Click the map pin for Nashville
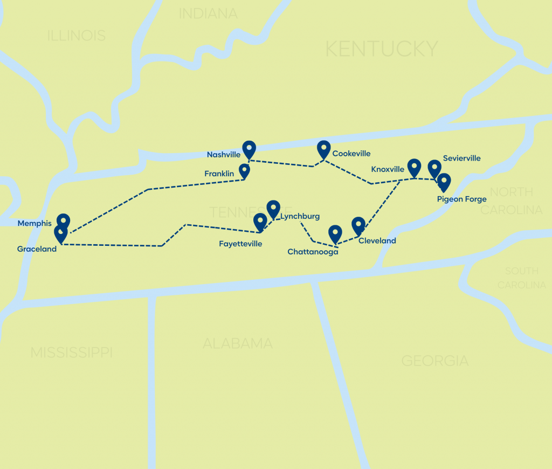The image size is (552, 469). (x=249, y=149)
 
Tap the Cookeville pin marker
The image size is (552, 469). (x=323, y=148)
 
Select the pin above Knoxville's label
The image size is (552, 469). (x=414, y=167)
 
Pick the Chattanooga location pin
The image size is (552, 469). (x=335, y=233)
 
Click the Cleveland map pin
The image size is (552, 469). (x=358, y=225)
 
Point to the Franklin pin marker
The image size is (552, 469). (x=244, y=171)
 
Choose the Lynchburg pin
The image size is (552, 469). (x=273, y=209)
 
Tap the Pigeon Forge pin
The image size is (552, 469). (x=444, y=182)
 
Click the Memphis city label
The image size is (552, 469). (x=34, y=223)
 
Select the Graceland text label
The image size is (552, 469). (x=37, y=249)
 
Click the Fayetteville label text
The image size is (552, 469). (x=240, y=244)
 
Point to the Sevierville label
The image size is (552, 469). (x=461, y=158)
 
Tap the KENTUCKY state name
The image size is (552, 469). (x=382, y=49)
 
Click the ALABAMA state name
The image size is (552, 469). (x=238, y=343)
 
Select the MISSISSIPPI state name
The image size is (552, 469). (x=71, y=353)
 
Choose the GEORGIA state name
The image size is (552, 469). (x=435, y=361)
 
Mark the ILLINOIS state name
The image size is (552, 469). (x=77, y=36)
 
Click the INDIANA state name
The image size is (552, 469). (x=208, y=14)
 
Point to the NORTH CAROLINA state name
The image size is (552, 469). (x=511, y=201)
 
